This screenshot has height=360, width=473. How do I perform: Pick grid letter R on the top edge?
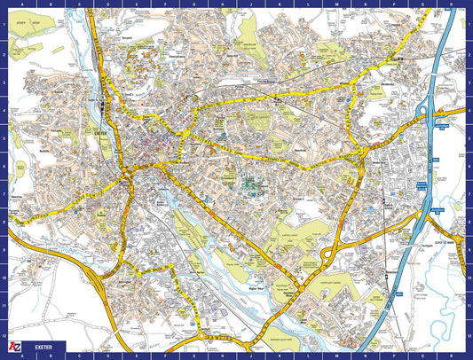(x=448, y=4)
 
